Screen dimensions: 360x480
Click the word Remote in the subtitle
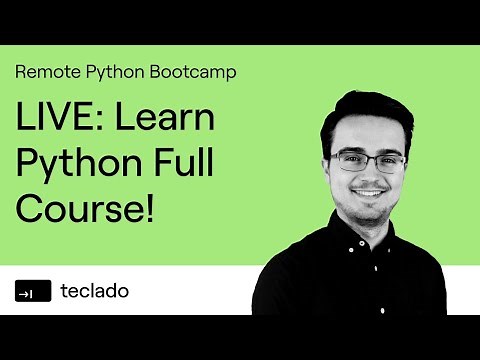pos(44,72)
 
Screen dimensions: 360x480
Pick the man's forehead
pos(368,135)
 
